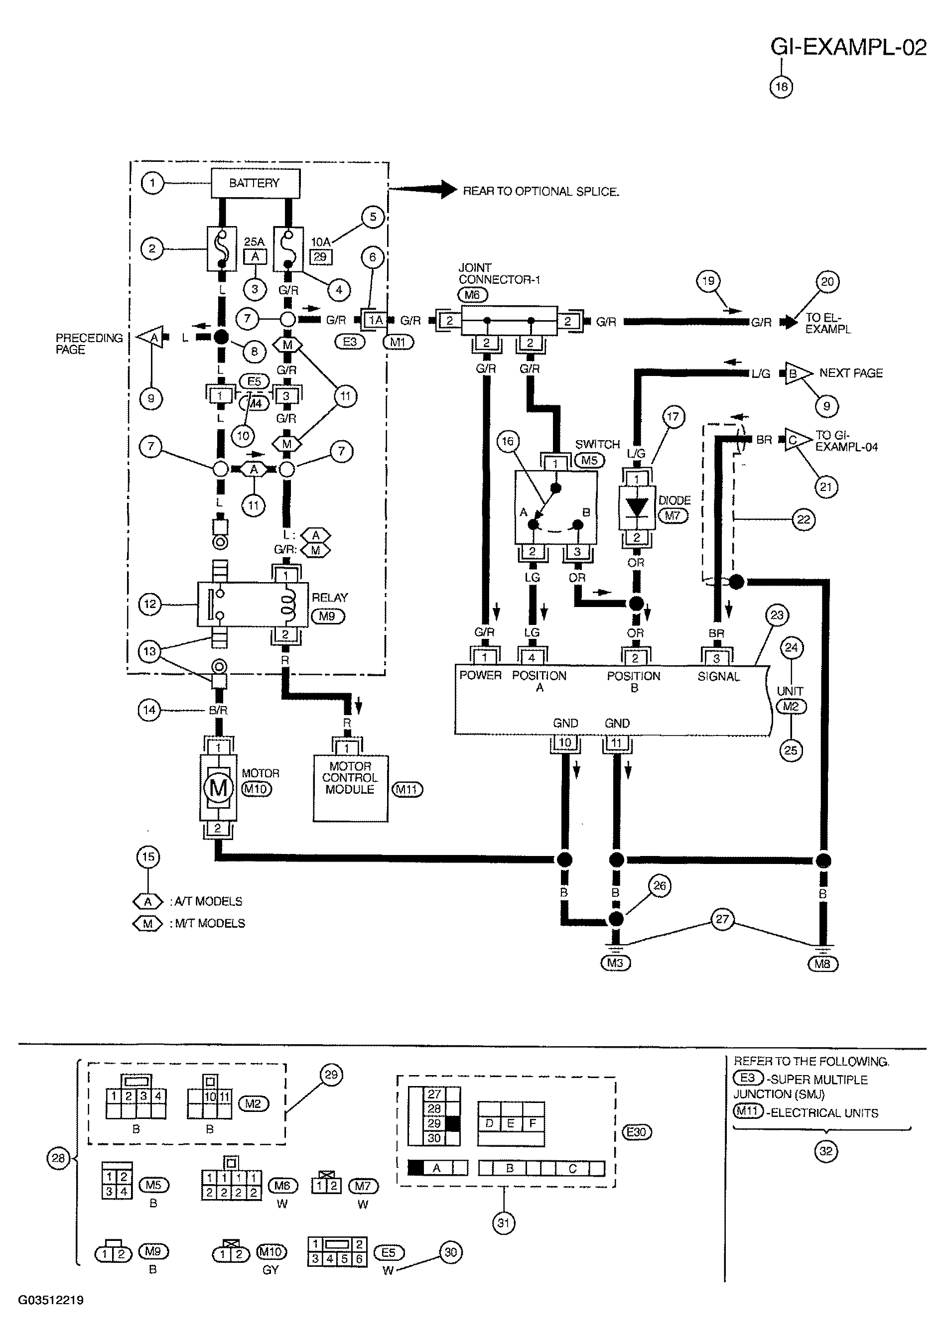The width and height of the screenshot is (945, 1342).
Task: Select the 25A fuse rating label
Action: (255, 242)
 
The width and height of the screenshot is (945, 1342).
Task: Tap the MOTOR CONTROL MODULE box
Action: (350, 788)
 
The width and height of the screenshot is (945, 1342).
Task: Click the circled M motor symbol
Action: (218, 788)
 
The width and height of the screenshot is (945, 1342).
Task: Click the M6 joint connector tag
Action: (472, 295)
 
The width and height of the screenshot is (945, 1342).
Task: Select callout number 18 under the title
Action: (781, 87)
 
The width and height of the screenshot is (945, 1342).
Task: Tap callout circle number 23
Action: (777, 615)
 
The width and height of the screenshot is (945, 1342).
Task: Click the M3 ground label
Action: (616, 963)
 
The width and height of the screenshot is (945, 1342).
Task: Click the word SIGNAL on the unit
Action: (719, 676)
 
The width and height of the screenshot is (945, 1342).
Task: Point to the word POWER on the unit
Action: (480, 675)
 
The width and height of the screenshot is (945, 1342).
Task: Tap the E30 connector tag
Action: (636, 1132)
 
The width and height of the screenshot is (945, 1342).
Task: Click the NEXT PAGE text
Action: (851, 373)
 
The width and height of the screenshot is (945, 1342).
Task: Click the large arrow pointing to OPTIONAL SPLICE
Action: (422, 189)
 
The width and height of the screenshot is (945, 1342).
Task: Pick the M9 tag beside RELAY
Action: (327, 616)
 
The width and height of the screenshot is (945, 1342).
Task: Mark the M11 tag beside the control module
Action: (407, 790)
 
